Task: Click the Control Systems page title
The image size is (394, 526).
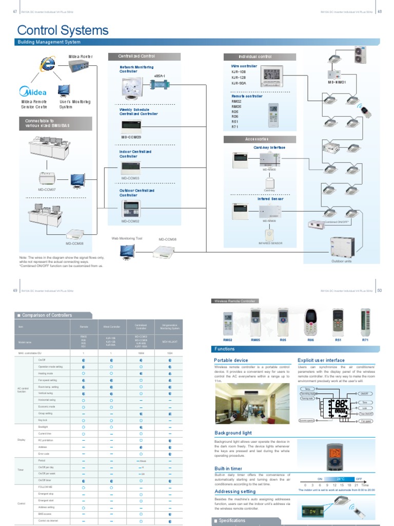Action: [63, 30]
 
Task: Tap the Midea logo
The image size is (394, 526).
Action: [33, 92]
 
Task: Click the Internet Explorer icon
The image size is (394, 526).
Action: [48, 64]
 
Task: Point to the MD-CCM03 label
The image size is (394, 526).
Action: [130, 178]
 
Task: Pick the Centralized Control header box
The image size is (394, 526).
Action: [136, 57]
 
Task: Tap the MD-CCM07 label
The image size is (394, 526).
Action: [47, 190]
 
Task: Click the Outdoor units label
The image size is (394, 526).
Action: [341, 261]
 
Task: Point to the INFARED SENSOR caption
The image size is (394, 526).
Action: [270, 243]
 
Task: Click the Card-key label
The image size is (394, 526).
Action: [270, 191]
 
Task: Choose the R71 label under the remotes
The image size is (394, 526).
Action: [365, 340]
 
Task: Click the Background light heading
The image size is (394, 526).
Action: [234, 434]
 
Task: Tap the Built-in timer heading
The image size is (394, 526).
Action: [228, 468]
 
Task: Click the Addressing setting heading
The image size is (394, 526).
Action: [234, 492]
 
